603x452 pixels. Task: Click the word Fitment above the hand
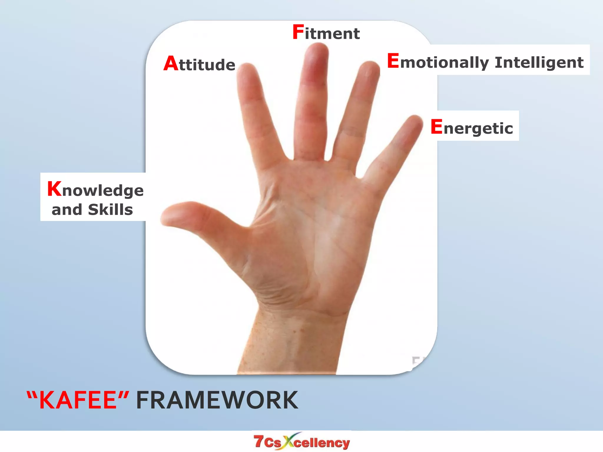[326, 33]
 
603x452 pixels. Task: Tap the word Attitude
[200, 64]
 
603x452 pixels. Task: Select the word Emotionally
[438, 62]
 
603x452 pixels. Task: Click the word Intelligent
[539, 62]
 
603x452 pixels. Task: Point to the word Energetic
[472, 128]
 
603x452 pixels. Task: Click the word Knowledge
[95, 190]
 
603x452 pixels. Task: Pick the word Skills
[110, 210]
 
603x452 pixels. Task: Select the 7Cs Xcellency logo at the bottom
[301, 442]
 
